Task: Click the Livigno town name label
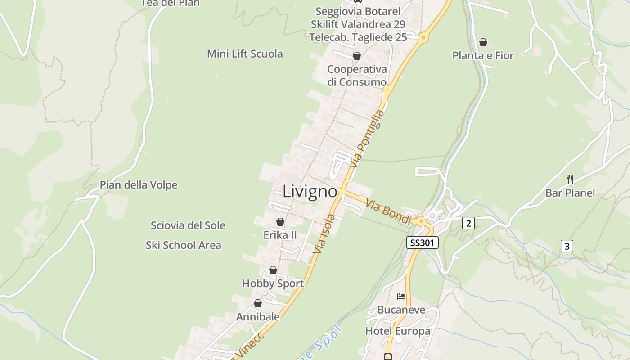(310, 192)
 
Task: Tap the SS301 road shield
(422, 243)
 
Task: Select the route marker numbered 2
(468, 223)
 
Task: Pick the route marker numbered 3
(567, 246)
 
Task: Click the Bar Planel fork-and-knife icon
(570, 179)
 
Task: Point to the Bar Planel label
(570, 193)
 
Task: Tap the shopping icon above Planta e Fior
(483, 42)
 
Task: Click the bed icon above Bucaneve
(401, 296)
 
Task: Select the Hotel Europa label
(398, 331)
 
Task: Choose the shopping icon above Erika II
(280, 222)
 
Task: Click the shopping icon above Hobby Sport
(273, 270)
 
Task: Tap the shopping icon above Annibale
(258, 304)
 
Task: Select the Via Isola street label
(324, 234)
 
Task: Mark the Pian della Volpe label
(139, 185)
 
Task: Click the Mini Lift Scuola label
(245, 54)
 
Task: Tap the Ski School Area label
(184, 245)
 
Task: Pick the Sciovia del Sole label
(188, 225)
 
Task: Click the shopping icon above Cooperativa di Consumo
(357, 56)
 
